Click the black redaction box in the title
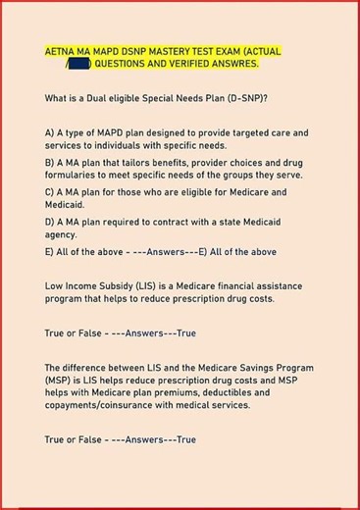coord(80,64)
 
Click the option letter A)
coord(50,131)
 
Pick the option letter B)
coord(50,161)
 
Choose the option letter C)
coord(50,191)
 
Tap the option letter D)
coord(50,221)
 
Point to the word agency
coord(61,235)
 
